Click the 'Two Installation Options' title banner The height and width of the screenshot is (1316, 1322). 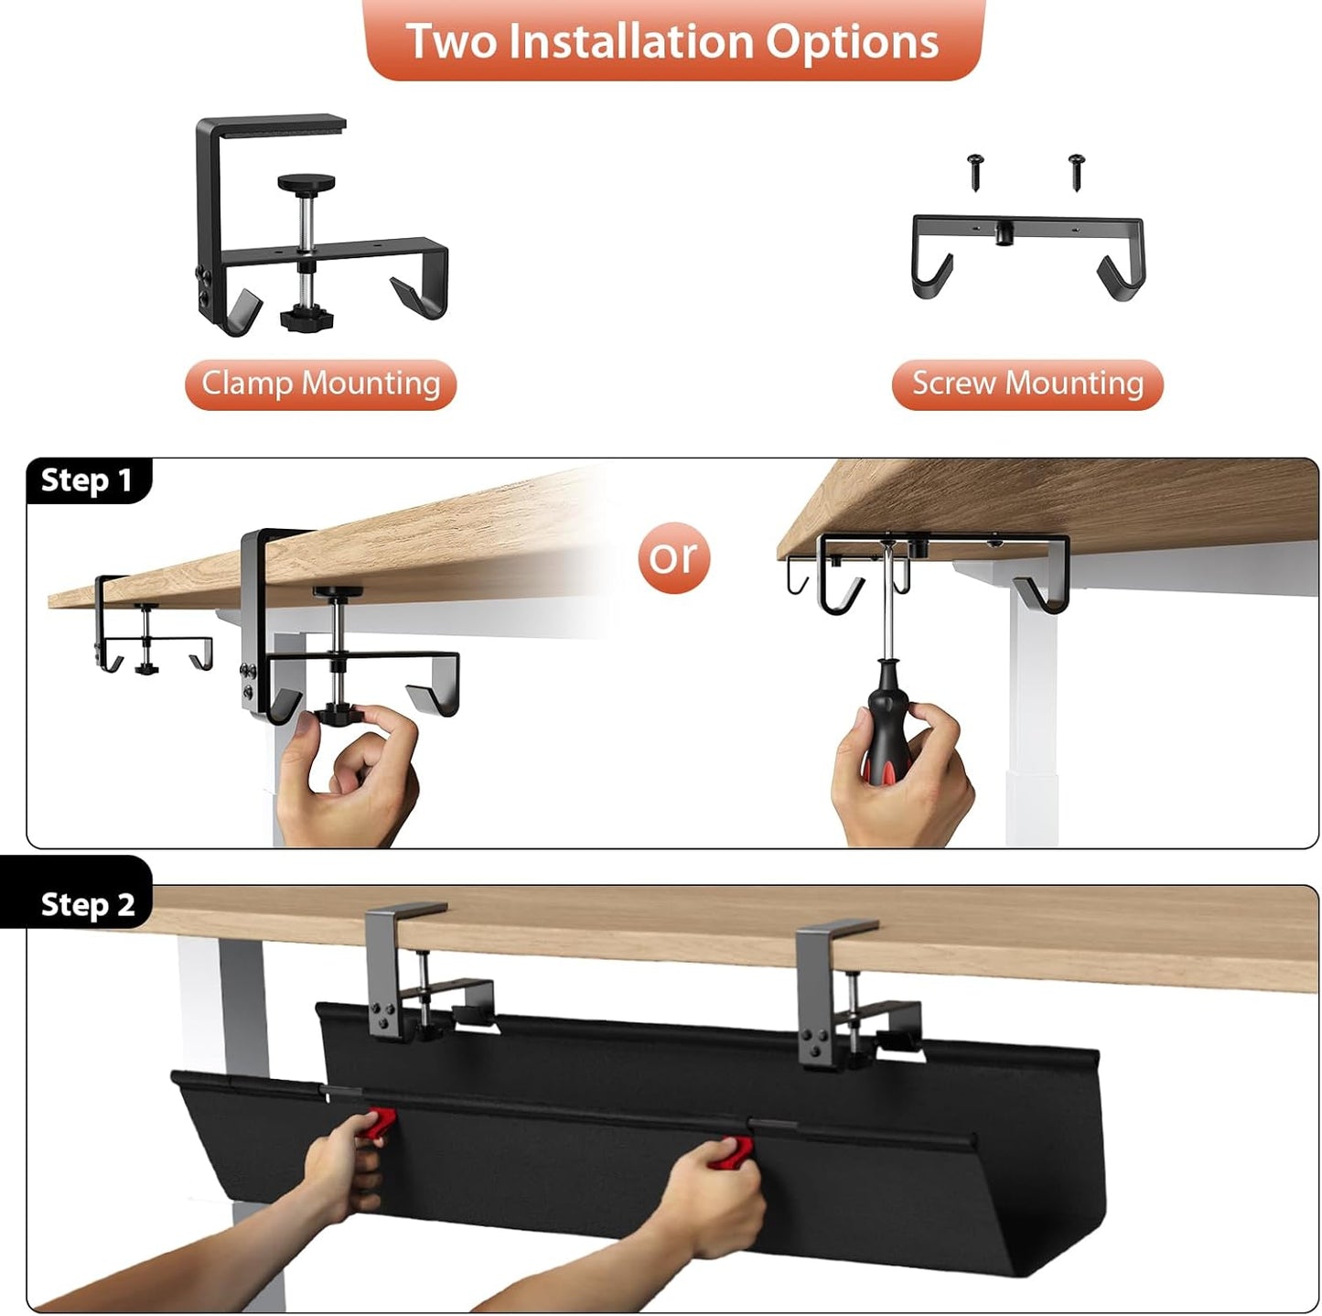[672, 41]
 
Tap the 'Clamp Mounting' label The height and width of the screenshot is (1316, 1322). [320, 383]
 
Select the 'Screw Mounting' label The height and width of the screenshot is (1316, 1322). [1027, 383]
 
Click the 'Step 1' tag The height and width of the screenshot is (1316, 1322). [87, 480]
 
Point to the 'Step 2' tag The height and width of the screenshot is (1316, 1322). [87, 904]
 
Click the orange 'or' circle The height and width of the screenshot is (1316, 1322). [674, 557]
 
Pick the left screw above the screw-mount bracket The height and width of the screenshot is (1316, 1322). [976, 171]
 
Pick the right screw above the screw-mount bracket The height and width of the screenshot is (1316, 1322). [1077, 171]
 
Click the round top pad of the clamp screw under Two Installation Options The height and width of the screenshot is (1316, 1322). [306, 183]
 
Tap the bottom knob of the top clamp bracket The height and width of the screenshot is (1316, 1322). [306, 319]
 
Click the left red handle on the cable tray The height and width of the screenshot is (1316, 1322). [380, 1123]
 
